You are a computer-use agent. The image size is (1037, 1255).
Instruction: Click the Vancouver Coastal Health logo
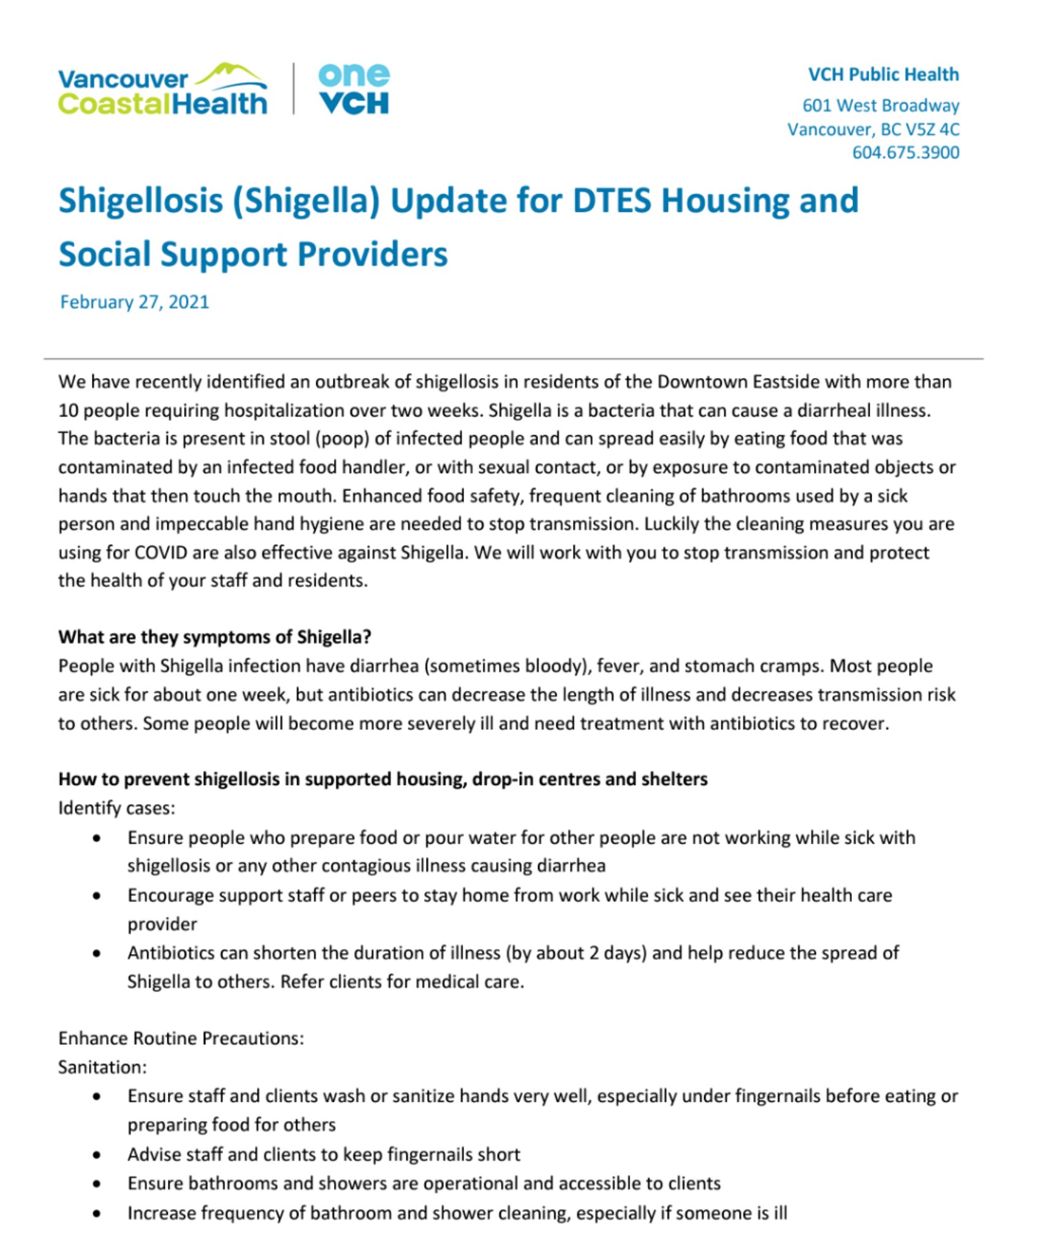pos(162,90)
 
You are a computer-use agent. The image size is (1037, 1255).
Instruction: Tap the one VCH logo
pos(354,90)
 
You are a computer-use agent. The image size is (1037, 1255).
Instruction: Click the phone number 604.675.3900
pos(905,153)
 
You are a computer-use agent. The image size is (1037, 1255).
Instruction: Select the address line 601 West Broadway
pos(880,105)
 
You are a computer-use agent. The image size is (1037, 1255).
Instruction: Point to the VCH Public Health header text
pos(883,75)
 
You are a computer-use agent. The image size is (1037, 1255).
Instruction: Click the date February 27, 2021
pos(134,302)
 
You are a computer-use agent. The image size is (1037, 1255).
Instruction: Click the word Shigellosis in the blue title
pos(140,200)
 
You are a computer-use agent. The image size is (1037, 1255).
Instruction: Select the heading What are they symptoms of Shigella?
pos(215,637)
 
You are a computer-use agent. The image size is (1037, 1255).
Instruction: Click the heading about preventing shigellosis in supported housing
pos(382,779)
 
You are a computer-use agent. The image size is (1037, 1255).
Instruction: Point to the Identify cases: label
pos(116,808)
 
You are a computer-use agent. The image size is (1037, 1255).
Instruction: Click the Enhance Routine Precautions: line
pos(181,1038)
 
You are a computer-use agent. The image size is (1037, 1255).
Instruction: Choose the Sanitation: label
pos(102,1067)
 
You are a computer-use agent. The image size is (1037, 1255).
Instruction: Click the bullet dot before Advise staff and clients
pos(96,1155)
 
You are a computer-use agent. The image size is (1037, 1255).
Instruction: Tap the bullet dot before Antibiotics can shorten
pos(96,954)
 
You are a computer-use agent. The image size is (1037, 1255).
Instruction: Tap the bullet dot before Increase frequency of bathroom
pos(96,1213)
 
